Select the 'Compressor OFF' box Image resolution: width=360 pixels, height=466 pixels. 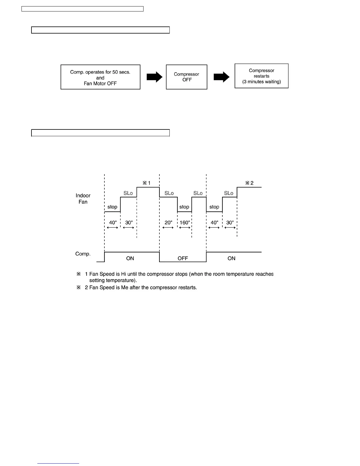186,77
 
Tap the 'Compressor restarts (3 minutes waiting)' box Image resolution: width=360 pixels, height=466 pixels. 261,76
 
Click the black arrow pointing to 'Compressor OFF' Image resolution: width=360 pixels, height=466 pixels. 155,77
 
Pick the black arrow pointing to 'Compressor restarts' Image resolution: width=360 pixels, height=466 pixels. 221,77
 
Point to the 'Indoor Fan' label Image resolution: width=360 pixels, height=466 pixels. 83,199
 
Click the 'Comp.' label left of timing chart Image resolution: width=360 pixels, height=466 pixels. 83,254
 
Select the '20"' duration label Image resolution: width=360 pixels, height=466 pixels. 168,223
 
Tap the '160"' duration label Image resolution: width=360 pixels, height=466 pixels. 185,223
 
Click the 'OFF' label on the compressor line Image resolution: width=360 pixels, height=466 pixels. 183,258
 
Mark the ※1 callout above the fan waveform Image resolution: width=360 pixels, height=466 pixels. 146,183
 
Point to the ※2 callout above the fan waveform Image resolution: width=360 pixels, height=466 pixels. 249,183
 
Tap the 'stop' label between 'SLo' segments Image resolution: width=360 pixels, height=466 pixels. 184,207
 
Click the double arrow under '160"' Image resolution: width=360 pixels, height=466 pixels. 185,228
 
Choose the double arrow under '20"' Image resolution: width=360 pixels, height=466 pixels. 168,228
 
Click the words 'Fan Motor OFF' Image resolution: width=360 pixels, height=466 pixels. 100,84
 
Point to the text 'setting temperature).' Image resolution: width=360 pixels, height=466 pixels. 113,280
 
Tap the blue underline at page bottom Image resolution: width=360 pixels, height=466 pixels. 58,463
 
